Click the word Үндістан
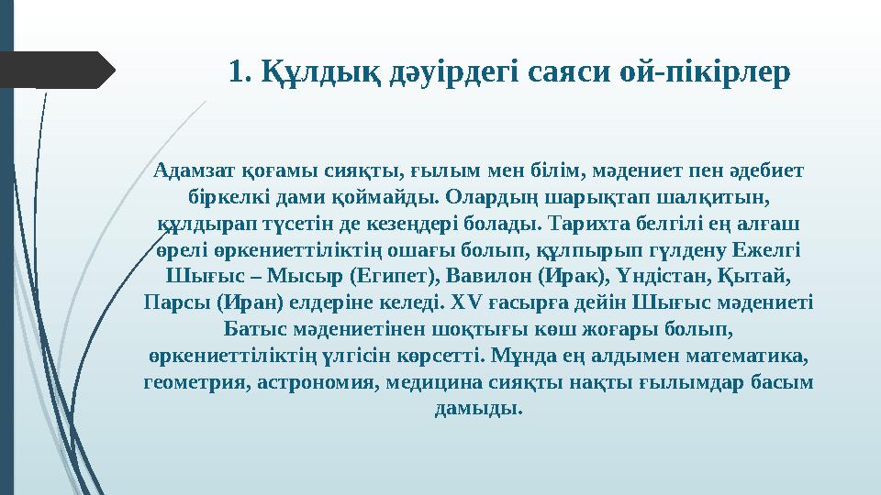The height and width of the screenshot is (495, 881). [663, 276]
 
